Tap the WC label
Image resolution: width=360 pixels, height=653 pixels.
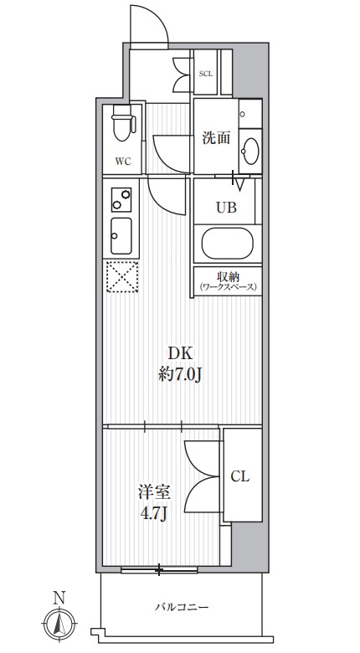123,162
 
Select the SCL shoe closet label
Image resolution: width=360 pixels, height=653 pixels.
206,75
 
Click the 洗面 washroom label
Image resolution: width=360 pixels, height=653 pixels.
216,138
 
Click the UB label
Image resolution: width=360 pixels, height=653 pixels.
226,207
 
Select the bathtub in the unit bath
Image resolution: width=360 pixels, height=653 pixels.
228,244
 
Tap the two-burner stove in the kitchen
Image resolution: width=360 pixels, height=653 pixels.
121,199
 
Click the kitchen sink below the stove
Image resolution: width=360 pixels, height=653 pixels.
121,236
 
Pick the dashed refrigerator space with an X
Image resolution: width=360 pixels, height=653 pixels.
122,276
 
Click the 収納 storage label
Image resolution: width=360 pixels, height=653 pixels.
228,277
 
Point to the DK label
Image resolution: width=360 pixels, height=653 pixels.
180,354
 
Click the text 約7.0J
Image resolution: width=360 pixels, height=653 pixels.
180,376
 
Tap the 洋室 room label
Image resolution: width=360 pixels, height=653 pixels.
154,492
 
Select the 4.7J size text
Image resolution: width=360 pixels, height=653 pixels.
154,514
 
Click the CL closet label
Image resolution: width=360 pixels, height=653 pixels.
240,476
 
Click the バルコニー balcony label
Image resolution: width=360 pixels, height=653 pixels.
182,607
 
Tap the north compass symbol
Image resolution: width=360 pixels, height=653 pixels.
60,624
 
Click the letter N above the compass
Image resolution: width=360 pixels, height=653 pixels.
59,599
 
